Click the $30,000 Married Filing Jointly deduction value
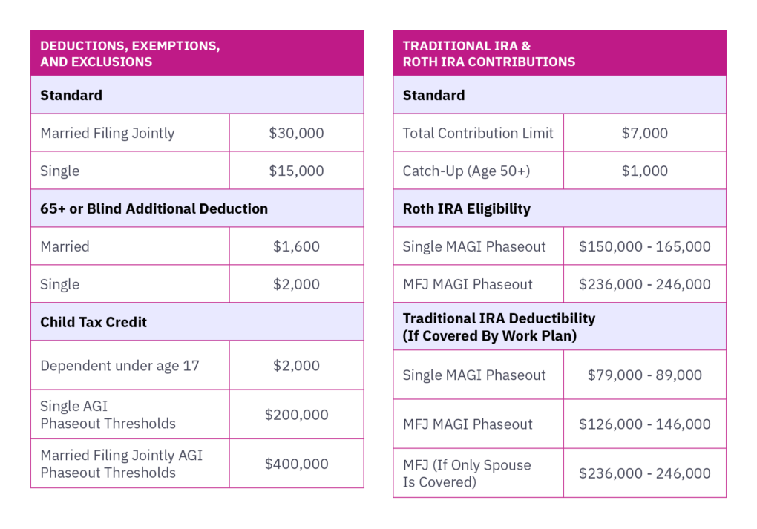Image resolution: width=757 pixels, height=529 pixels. [x=296, y=134]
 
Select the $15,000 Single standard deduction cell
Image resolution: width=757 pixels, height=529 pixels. [x=296, y=171]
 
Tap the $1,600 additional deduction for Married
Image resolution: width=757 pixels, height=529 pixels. [x=296, y=246]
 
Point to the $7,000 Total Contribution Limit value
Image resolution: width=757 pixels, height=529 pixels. [x=644, y=134]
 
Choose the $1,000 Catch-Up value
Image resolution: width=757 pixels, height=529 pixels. [x=644, y=171]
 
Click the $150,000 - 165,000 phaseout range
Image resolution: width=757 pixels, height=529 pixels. [x=644, y=246]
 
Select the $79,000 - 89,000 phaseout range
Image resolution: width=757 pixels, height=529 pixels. [x=644, y=375]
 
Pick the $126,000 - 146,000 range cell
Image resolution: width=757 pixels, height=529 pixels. [x=644, y=424]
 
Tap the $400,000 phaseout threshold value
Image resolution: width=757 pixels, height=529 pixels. [x=296, y=464]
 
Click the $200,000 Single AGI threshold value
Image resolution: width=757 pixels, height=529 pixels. [x=296, y=415]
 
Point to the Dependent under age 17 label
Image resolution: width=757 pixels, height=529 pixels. [x=119, y=366]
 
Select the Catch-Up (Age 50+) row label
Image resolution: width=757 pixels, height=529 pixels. [x=466, y=171]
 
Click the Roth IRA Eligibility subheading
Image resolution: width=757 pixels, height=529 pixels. [x=466, y=208]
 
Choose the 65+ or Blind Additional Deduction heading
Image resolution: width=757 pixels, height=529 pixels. [x=154, y=208]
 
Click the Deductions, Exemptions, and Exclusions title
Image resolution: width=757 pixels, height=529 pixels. [x=130, y=53]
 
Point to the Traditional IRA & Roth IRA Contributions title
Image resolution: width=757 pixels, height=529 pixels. [x=488, y=53]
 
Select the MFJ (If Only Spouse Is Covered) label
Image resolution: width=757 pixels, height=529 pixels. [x=467, y=473]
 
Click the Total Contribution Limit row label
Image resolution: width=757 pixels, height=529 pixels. [x=478, y=134]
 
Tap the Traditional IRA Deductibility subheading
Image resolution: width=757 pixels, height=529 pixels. [x=499, y=326]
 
